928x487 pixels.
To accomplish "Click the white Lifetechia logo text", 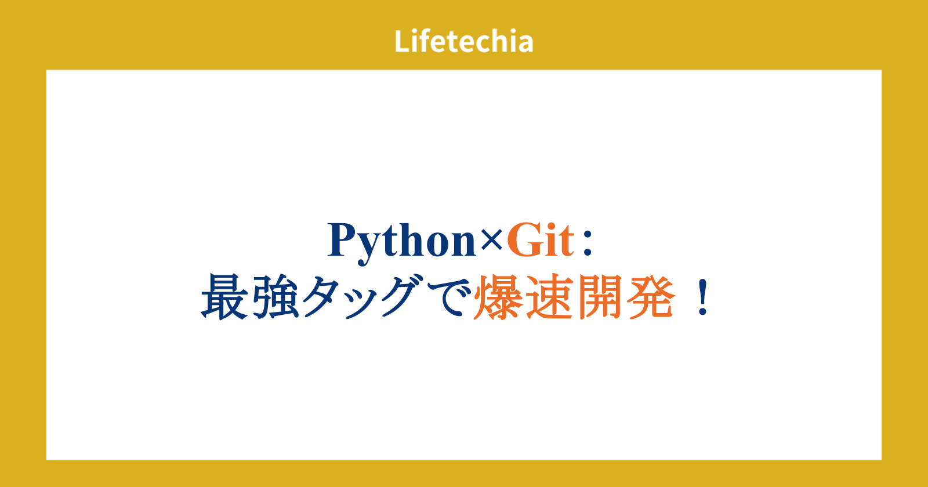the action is pyautogui.click(x=463, y=41).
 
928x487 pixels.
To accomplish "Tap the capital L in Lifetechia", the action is pyautogui.click(x=402, y=41).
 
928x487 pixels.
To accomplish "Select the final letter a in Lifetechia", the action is pyautogui.click(x=525, y=44).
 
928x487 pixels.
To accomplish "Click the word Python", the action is pyautogui.click(x=402, y=243).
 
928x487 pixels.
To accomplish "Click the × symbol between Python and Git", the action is pyautogui.click(x=491, y=240).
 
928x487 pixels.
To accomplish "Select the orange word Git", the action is pyautogui.click(x=541, y=240).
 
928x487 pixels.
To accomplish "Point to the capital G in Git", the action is pyautogui.click(x=523, y=240).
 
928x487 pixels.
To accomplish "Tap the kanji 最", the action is pyautogui.click(x=224, y=296).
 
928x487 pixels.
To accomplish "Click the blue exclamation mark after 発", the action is pyautogui.click(x=702, y=297).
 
